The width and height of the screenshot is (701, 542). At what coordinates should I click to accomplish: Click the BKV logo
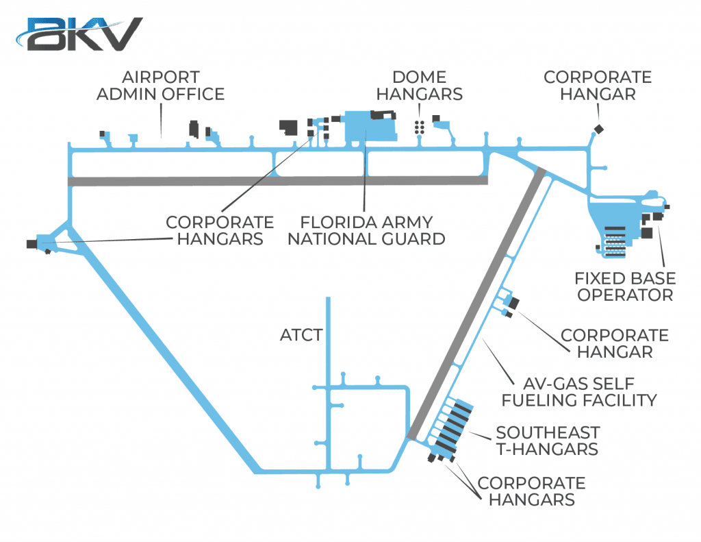[x=79, y=34]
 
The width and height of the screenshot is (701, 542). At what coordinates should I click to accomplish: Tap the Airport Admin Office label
[x=160, y=86]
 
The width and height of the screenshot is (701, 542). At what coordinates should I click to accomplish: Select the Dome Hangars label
[x=420, y=86]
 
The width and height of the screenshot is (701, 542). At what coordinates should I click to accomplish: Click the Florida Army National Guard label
[x=366, y=230]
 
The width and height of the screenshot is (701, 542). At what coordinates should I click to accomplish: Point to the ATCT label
[x=301, y=335]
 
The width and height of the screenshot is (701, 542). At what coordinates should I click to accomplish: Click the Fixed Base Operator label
[x=625, y=286]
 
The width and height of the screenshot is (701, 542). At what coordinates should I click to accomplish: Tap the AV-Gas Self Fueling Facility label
[x=579, y=392]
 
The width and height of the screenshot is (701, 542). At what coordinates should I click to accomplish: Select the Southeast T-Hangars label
[x=548, y=441]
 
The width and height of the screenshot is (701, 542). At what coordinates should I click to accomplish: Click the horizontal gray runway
[x=278, y=181]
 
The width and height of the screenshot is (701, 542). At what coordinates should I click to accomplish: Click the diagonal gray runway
[x=476, y=304]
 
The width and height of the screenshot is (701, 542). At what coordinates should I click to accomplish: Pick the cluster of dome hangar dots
[x=420, y=127]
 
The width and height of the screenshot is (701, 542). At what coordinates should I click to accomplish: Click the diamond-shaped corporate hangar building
[x=598, y=130]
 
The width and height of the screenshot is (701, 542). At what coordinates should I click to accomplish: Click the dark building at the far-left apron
[x=31, y=244]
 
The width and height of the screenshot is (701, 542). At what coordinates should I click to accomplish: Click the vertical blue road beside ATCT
[x=328, y=385]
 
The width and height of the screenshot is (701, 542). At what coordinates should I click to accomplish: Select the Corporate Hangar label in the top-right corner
[x=598, y=86]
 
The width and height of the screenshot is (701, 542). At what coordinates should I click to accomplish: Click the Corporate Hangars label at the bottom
[x=531, y=491]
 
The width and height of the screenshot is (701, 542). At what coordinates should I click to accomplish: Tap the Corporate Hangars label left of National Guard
[x=220, y=230]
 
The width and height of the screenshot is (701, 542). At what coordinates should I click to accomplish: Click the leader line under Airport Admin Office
[x=162, y=121]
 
